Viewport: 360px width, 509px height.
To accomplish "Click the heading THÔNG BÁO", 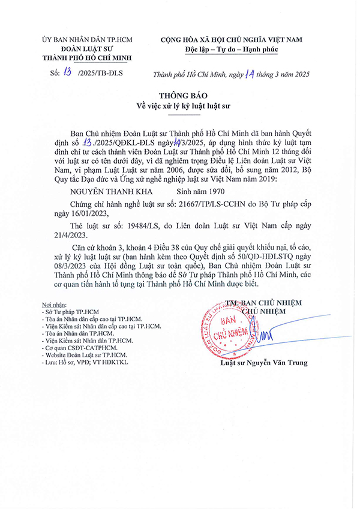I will pyautogui.click(x=179, y=97).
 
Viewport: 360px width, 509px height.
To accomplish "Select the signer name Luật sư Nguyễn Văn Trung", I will pyautogui.click(x=264, y=363).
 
